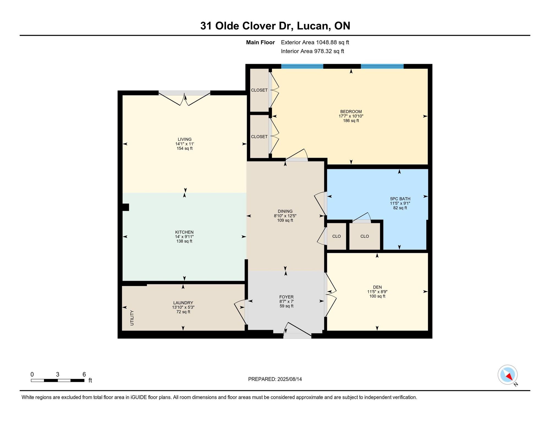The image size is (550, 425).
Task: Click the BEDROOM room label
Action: (351, 111)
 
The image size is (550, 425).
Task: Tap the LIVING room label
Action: (185, 139)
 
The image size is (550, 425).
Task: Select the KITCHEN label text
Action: (184, 232)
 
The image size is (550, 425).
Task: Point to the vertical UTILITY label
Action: (132, 318)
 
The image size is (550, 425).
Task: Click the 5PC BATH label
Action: (400, 199)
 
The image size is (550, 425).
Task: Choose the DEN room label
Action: (377, 287)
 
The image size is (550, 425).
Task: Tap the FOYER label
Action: (287, 297)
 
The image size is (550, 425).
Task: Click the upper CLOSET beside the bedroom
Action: (259, 90)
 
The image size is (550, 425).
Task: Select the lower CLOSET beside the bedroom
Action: (259, 136)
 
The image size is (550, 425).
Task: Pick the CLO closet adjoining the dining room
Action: (337, 236)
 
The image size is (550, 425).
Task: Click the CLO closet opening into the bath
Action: (365, 236)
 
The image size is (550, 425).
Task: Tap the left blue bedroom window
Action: (302, 66)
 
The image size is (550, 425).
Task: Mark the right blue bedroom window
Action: (382, 66)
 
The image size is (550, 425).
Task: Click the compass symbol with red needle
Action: (508, 375)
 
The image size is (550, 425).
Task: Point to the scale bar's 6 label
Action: (84, 374)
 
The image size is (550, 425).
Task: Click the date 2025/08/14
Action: (290, 379)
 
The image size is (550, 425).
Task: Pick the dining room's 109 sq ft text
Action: (285, 220)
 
